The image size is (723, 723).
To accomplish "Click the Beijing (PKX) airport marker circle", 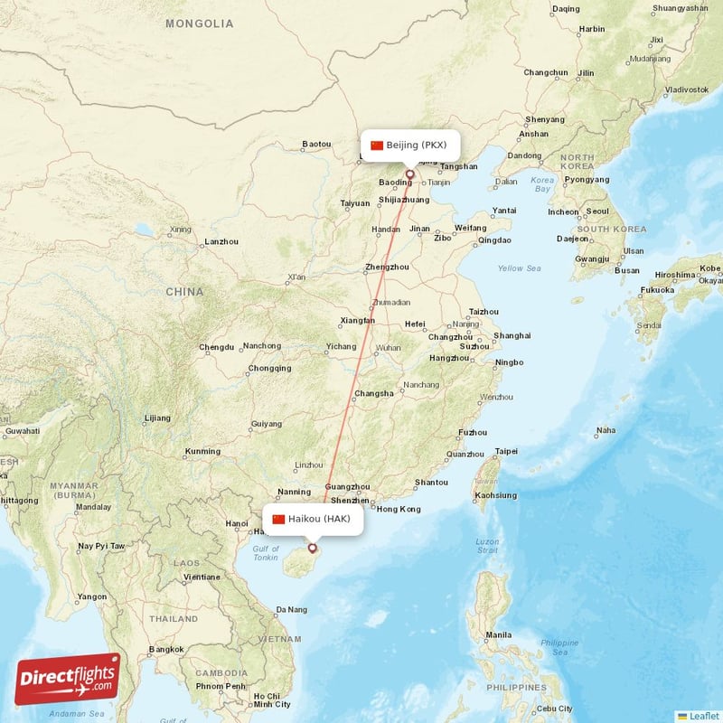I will [x=409, y=174].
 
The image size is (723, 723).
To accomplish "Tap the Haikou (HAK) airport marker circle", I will [x=313, y=548].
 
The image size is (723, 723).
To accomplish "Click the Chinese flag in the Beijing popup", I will [x=377, y=146].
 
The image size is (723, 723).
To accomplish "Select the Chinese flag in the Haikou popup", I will [x=278, y=519].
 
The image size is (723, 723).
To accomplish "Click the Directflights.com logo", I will [x=67, y=679].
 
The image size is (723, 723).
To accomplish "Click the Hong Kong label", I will [x=399, y=509].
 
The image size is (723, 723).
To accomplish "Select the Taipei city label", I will [x=506, y=451].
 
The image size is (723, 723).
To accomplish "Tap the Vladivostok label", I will [x=686, y=89].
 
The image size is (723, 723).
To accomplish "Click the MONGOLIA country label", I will [x=200, y=23].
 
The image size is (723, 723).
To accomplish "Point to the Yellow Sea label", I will [x=519, y=268].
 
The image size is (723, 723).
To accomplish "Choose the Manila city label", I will [x=497, y=634].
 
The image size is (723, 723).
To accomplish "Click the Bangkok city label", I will [x=166, y=649].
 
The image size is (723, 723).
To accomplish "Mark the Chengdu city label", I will [x=216, y=347].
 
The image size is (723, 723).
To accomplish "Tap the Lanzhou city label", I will [x=221, y=241].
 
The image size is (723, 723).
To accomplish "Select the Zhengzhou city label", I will [x=386, y=267].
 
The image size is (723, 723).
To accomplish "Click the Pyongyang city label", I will [x=587, y=179].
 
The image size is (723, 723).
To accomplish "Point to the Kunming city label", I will [x=202, y=451].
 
